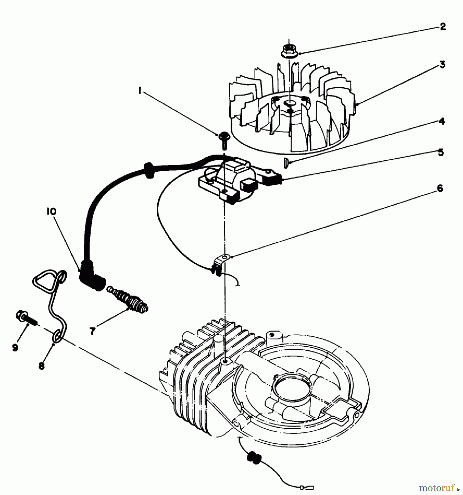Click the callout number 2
tap(442, 27)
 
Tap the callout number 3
tap(442, 65)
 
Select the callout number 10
tap(52, 211)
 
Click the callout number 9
tap(15, 348)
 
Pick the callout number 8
tap(42, 366)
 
